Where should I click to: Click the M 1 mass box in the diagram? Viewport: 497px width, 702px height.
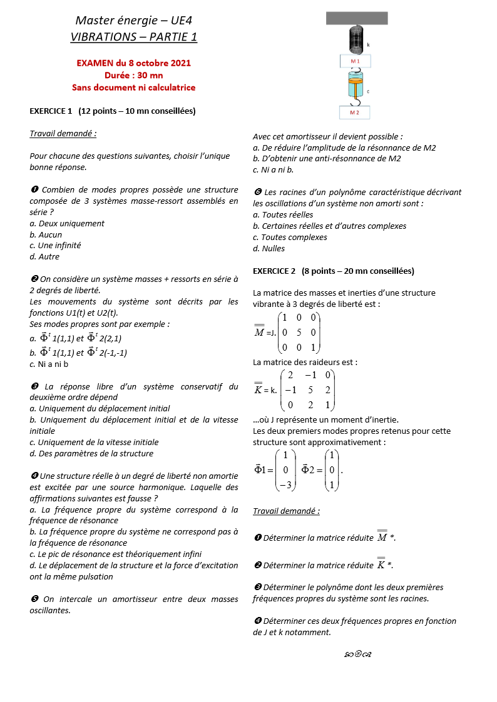355,61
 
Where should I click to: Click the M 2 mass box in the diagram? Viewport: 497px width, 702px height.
354,113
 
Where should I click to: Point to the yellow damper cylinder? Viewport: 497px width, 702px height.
355,83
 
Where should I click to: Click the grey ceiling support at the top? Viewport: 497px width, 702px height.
356,18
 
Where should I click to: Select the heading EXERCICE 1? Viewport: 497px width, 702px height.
113,111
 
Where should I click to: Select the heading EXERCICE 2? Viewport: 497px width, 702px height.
333,271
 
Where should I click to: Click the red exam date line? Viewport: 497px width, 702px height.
133,63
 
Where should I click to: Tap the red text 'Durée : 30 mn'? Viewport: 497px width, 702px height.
133,76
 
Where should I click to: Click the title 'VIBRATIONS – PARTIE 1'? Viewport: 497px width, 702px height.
133,37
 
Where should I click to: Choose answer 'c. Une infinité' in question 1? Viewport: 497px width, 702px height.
55,246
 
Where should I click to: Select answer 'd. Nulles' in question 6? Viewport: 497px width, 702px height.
269,249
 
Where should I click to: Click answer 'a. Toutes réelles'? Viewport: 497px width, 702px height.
283,215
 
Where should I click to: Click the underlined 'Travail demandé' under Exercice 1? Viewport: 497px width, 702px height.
63,133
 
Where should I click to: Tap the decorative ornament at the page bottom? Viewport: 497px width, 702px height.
359,654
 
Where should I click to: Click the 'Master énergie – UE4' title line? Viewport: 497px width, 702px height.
133,21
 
